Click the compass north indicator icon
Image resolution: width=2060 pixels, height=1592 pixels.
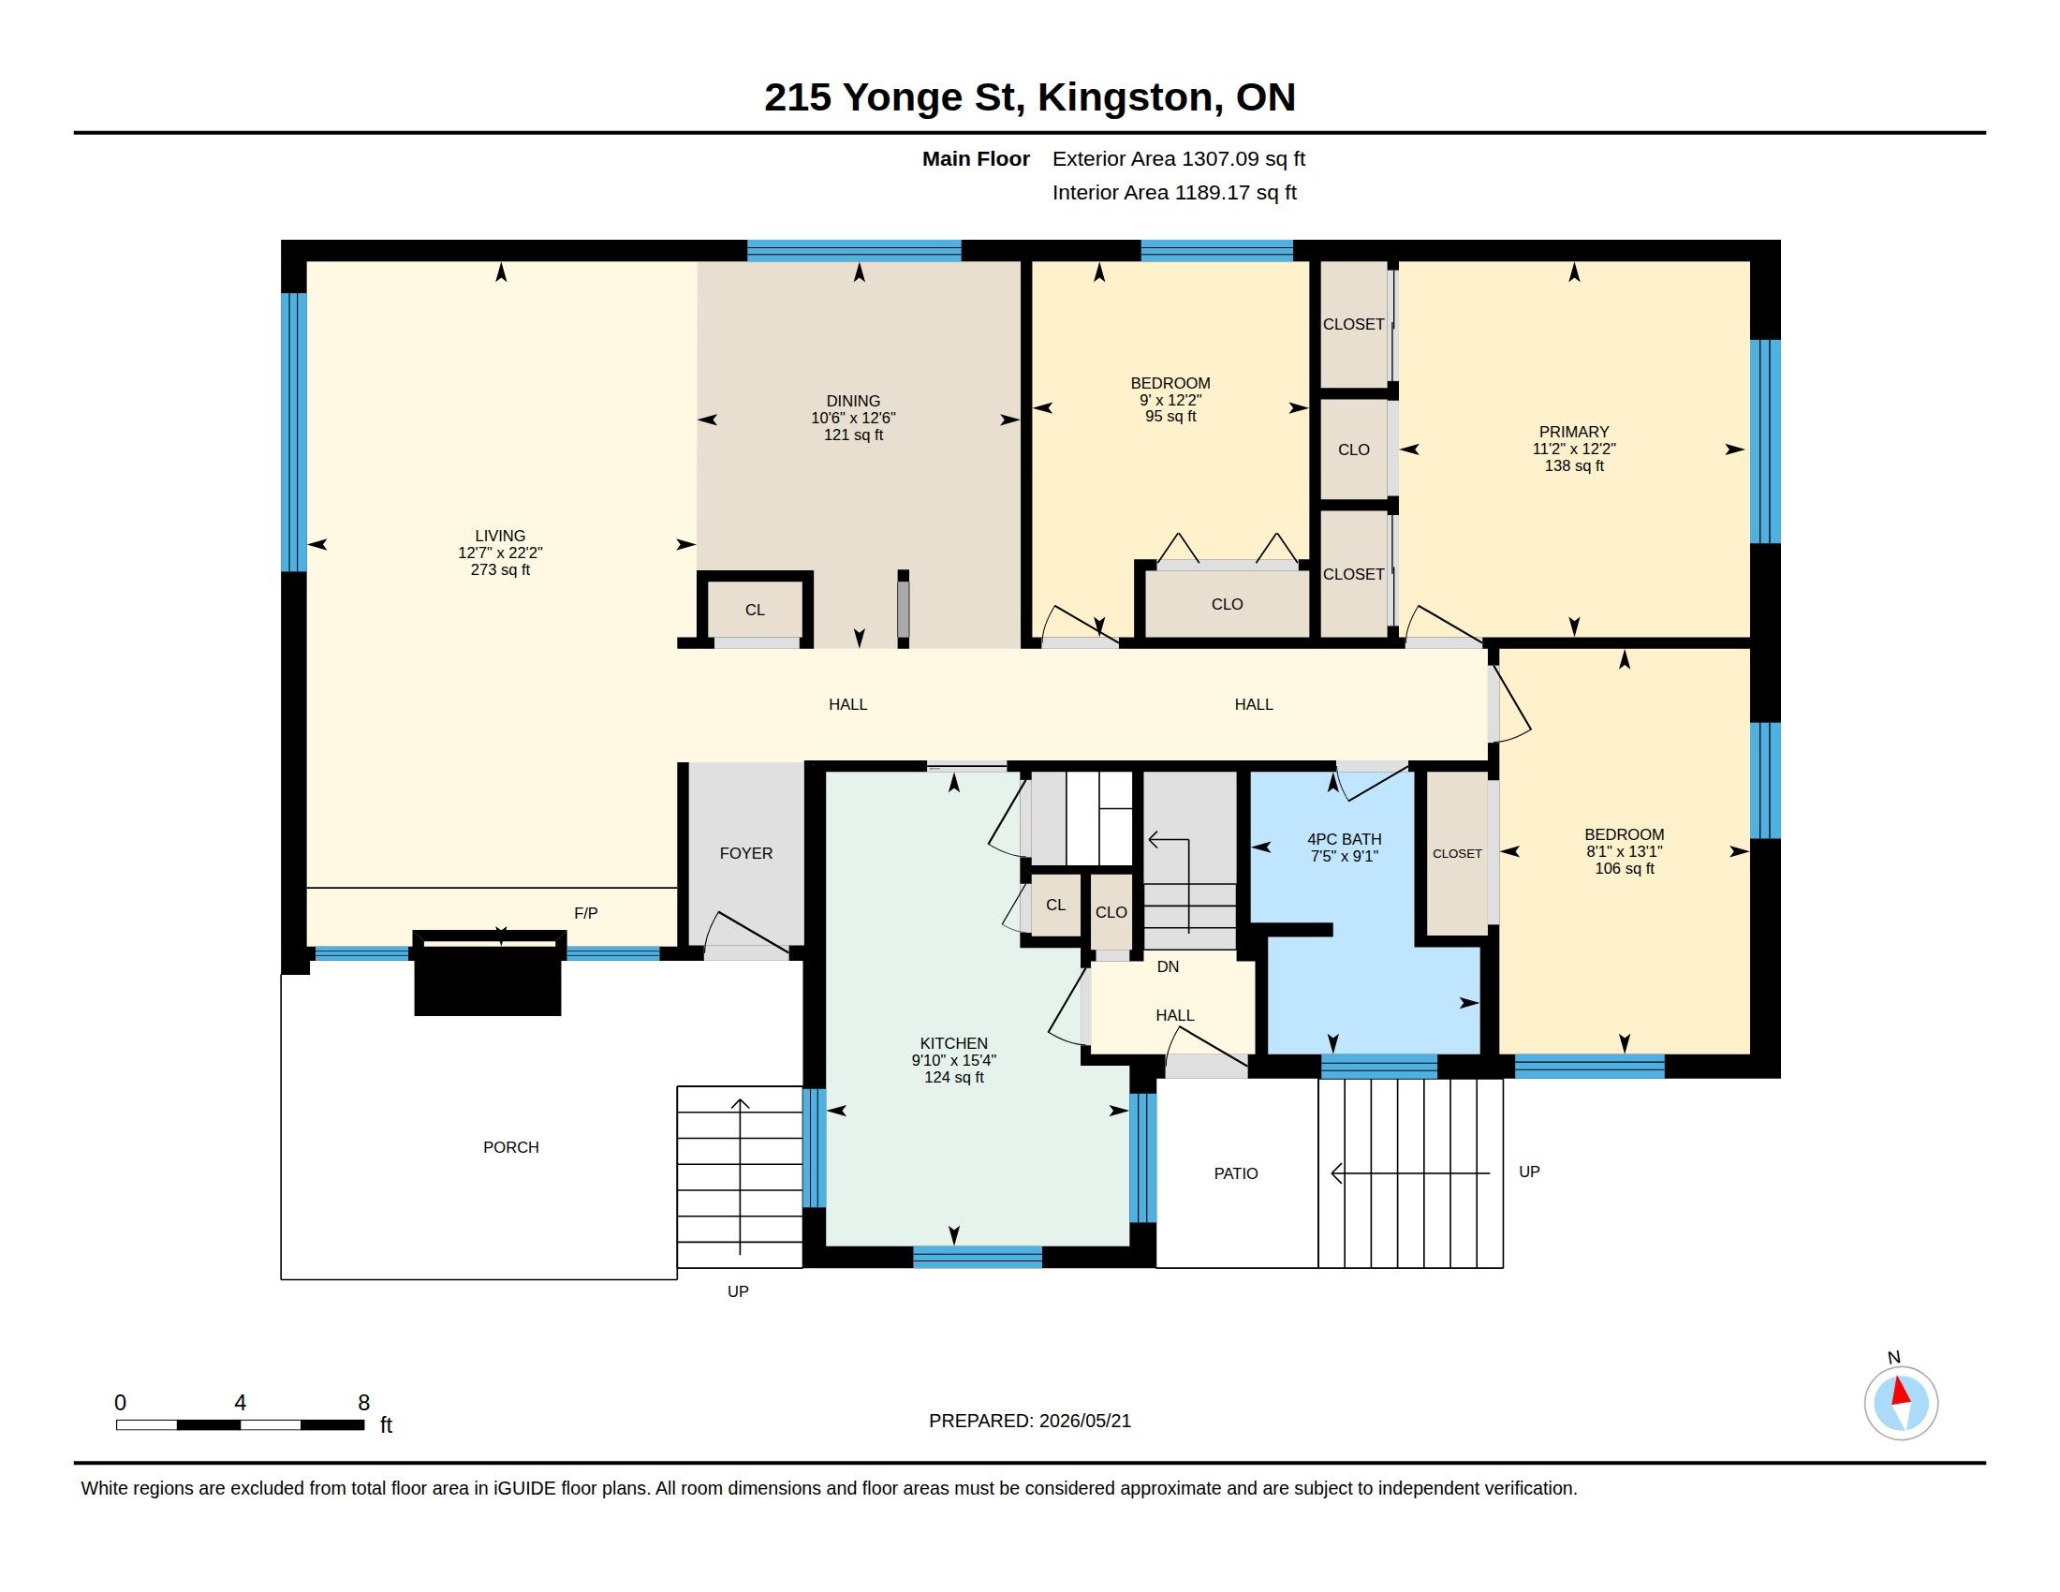click(x=1901, y=1403)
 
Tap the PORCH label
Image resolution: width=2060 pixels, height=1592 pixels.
click(x=511, y=1147)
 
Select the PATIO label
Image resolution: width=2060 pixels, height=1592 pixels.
click(x=1236, y=1173)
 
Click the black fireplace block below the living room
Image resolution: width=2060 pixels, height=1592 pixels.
click(x=489, y=973)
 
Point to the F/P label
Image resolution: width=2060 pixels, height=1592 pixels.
click(x=586, y=913)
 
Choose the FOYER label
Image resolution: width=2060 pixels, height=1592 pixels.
click(x=746, y=852)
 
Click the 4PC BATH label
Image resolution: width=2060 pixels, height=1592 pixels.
click(x=1344, y=838)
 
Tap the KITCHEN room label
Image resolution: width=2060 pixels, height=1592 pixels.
click(x=953, y=1043)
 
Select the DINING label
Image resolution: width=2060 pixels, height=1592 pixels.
click(x=853, y=401)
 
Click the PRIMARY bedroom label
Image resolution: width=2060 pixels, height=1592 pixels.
click(x=1573, y=432)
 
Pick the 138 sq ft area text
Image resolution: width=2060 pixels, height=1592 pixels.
click(x=1573, y=466)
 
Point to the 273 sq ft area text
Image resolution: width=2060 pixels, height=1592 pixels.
click(x=500, y=569)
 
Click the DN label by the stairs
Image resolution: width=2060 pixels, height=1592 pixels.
click(x=1168, y=966)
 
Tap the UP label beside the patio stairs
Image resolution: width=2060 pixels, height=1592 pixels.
click(x=1529, y=1172)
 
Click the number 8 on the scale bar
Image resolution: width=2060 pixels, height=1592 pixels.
click(x=364, y=1403)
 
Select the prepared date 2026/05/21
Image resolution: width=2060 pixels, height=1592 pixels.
click(x=1083, y=1421)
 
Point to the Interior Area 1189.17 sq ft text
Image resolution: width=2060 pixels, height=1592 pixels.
click(x=1174, y=192)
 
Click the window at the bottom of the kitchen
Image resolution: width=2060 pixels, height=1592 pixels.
click(x=978, y=1257)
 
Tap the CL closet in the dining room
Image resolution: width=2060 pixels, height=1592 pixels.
click(x=755, y=611)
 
